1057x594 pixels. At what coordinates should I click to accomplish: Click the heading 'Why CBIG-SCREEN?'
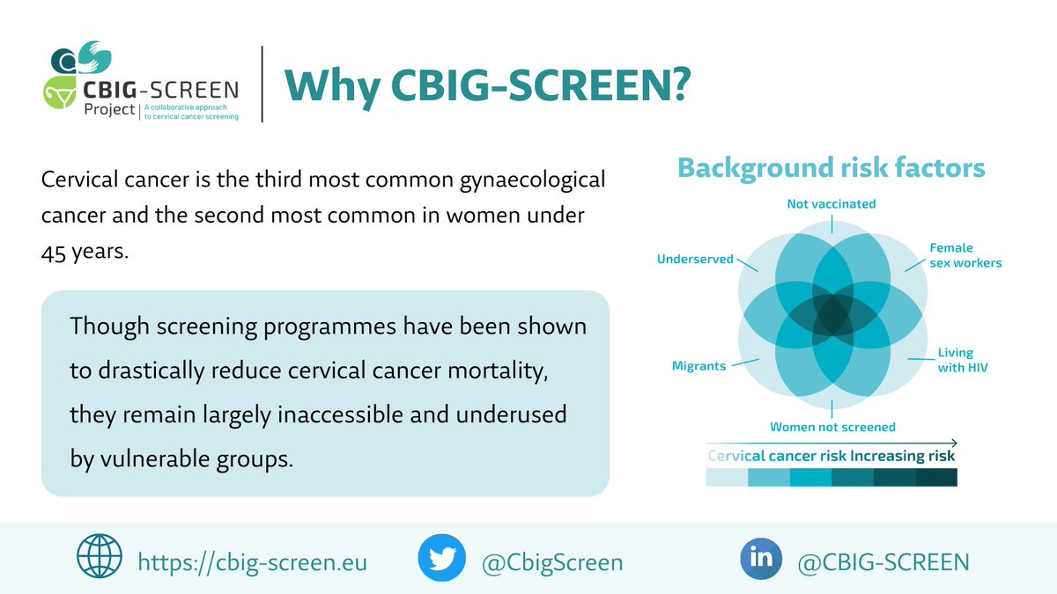486,85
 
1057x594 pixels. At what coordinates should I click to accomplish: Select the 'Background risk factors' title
831,167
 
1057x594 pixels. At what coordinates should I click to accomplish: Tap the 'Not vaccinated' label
832,204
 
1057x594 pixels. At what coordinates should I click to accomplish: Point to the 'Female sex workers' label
965,255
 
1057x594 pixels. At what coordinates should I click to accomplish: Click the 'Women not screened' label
832,427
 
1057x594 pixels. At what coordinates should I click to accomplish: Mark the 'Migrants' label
699,365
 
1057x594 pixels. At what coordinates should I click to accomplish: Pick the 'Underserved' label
695,260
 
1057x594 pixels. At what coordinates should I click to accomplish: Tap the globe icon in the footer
100,559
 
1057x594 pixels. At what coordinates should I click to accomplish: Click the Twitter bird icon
441,559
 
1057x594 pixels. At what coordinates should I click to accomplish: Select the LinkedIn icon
762,559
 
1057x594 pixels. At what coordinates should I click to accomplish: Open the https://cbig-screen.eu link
252,561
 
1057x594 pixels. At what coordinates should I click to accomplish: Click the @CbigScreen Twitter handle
551,561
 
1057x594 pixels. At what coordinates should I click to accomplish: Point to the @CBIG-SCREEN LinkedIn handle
883,561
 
